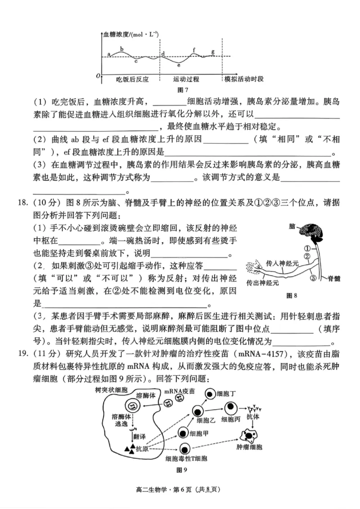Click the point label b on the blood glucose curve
click(121, 49)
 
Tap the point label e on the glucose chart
click(179, 66)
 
